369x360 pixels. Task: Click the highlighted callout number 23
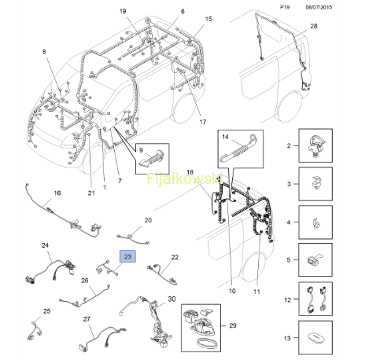click(127, 256)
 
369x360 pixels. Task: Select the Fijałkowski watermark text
click(185, 178)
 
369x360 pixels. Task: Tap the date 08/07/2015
click(319, 7)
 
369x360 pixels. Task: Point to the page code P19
click(285, 7)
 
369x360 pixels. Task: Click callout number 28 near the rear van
click(314, 26)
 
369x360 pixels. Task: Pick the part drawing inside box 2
click(316, 145)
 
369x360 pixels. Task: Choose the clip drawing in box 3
click(316, 182)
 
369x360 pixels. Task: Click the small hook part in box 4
click(316, 223)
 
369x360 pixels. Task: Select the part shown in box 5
click(315, 259)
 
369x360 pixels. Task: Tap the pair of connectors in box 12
click(316, 299)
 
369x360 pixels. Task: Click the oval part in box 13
click(316, 337)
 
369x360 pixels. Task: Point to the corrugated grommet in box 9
click(152, 158)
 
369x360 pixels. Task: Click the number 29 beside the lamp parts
click(233, 325)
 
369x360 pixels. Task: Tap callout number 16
click(57, 193)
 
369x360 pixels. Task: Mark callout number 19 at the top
click(123, 11)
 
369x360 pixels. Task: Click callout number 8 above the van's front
click(44, 52)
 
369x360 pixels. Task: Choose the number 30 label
click(172, 299)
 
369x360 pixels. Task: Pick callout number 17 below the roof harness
click(203, 122)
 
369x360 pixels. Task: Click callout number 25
click(46, 311)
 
